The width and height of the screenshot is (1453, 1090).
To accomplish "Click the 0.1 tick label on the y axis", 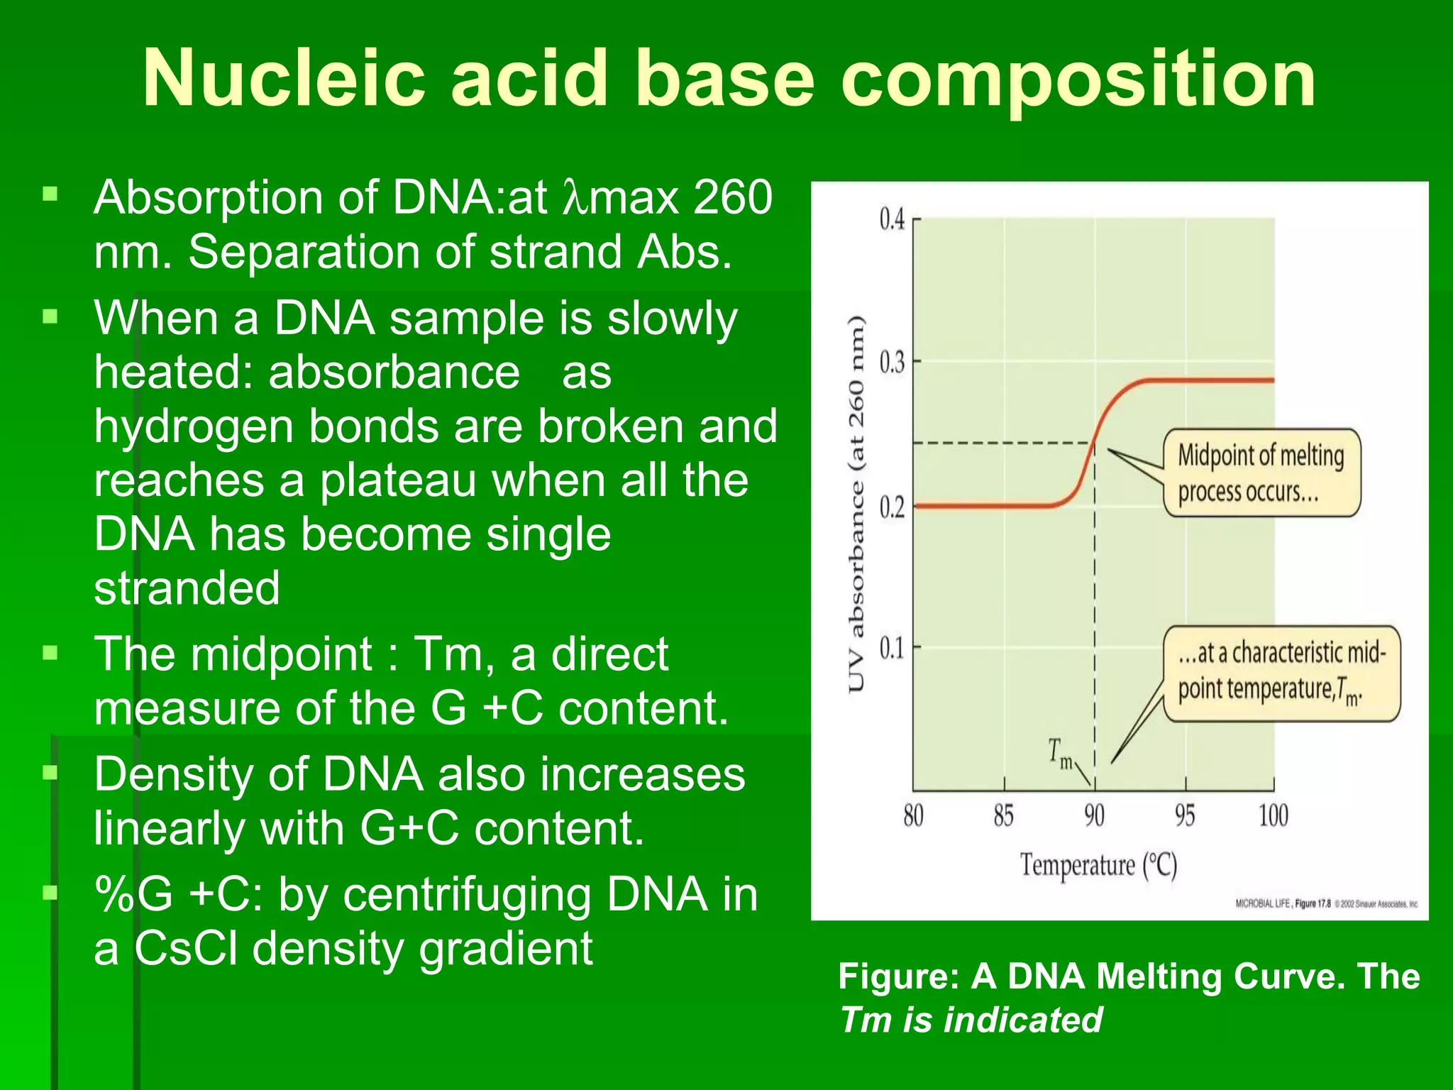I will point(893,647).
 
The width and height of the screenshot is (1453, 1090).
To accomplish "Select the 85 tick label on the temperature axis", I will point(1003,816).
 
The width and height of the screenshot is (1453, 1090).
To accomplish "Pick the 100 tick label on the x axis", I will point(1274,816).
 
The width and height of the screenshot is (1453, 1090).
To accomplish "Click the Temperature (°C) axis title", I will point(1098,866).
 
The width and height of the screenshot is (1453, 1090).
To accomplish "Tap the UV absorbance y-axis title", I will point(857,504).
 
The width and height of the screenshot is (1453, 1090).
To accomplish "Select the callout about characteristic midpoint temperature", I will point(1281,672).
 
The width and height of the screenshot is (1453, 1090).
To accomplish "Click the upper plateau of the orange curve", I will point(1206,380).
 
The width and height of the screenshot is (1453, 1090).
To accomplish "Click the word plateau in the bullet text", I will point(398,480).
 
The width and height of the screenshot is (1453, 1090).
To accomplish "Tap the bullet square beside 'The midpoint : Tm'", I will point(50,652).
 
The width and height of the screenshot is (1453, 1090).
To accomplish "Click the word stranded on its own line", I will point(187,589).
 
